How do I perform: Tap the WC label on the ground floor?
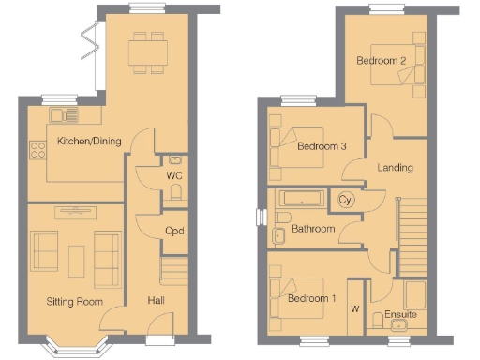tap(174, 174)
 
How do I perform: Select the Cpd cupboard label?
tap(174, 231)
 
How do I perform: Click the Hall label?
tap(157, 301)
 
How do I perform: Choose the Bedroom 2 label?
tap(381, 61)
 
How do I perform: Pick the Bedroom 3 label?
tap(322, 147)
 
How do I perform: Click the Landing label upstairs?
tap(395, 168)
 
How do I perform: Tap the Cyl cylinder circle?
tap(346, 200)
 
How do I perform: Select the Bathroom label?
tap(312, 228)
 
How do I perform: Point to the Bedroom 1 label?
tap(312, 299)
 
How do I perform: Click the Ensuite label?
tap(401, 314)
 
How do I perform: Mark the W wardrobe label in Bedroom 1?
tap(354, 307)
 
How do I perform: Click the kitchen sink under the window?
tap(64, 115)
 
